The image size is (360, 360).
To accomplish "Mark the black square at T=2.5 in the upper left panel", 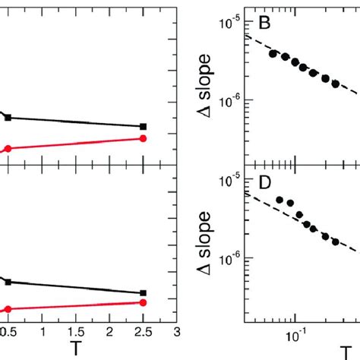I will (x=143, y=126).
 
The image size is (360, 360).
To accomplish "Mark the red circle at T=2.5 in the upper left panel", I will (x=143, y=138).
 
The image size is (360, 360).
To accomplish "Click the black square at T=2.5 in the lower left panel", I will (x=143, y=292).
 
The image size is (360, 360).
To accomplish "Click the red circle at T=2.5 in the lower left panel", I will (x=143, y=302).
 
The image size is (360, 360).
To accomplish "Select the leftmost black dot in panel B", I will (x=273, y=54).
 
